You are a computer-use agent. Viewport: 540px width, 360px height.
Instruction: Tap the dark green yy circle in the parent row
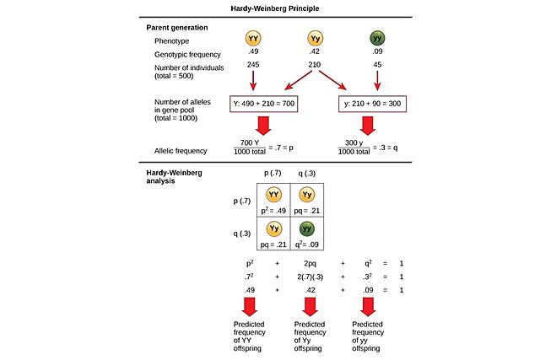click(x=376, y=39)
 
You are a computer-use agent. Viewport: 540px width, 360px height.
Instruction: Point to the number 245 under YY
click(x=253, y=64)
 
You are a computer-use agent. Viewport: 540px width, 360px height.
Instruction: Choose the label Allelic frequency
click(x=182, y=151)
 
